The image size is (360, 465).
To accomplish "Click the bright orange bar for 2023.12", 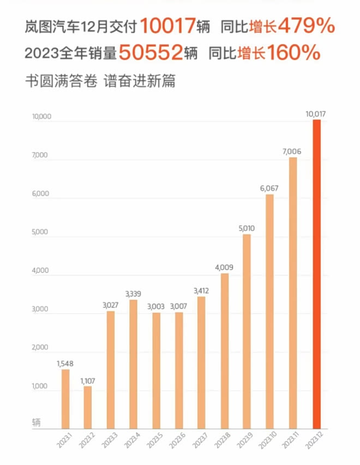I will coord(316,273).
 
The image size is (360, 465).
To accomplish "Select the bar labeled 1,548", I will coord(65,398).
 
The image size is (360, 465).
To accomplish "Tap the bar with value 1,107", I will coord(88,407).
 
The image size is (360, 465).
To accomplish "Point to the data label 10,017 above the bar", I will coord(316,114).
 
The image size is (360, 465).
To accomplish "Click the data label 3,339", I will coord(133,294).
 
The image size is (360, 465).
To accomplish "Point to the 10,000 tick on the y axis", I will coord(41,116).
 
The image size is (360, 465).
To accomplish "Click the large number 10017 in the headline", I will coord(167,25).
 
